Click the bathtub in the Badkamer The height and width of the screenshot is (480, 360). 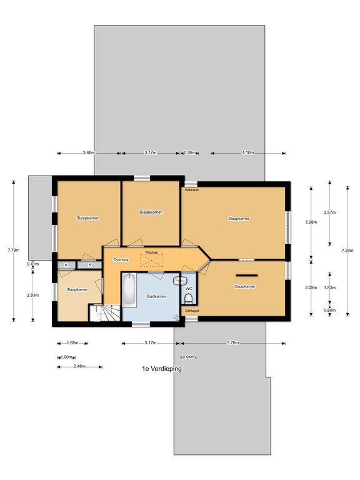pyautogui.click(x=129, y=289)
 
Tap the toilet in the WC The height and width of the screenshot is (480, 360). pyautogui.click(x=188, y=298)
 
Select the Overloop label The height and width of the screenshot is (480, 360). pyautogui.click(x=121, y=260)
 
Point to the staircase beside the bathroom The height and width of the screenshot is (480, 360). pyautogui.click(x=105, y=312)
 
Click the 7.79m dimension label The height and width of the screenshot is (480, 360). pyautogui.click(x=14, y=250)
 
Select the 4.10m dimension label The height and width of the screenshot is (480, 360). pyautogui.click(x=248, y=152)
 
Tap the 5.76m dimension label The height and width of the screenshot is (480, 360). pyautogui.click(x=233, y=343)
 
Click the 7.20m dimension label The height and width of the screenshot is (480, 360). pyautogui.click(x=347, y=251)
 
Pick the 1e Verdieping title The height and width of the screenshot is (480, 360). pyautogui.click(x=162, y=369)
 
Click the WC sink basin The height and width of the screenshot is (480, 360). pyautogui.click(x=180, y=281)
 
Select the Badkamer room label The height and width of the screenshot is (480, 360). pyautogui.click(x=156, y=296)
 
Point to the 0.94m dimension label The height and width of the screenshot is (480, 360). pyautogui.click(x=189, y=357)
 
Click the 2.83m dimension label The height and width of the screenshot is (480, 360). pyautogui.click(x=32, y=295)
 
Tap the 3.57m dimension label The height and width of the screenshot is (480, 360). pyautogui.click(x=330, y=212)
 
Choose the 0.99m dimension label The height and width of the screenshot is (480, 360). pyautogui.click(x=189, y=152)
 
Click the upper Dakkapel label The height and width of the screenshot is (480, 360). pyautogui.click(x=192, y=190)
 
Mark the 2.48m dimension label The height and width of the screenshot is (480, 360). pyautogui.click(x=79, y=366)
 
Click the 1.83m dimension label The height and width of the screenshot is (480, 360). pyautogui.click(x=330, y=287)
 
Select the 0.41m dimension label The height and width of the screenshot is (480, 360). pyautogui.click(x=32, y=264)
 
